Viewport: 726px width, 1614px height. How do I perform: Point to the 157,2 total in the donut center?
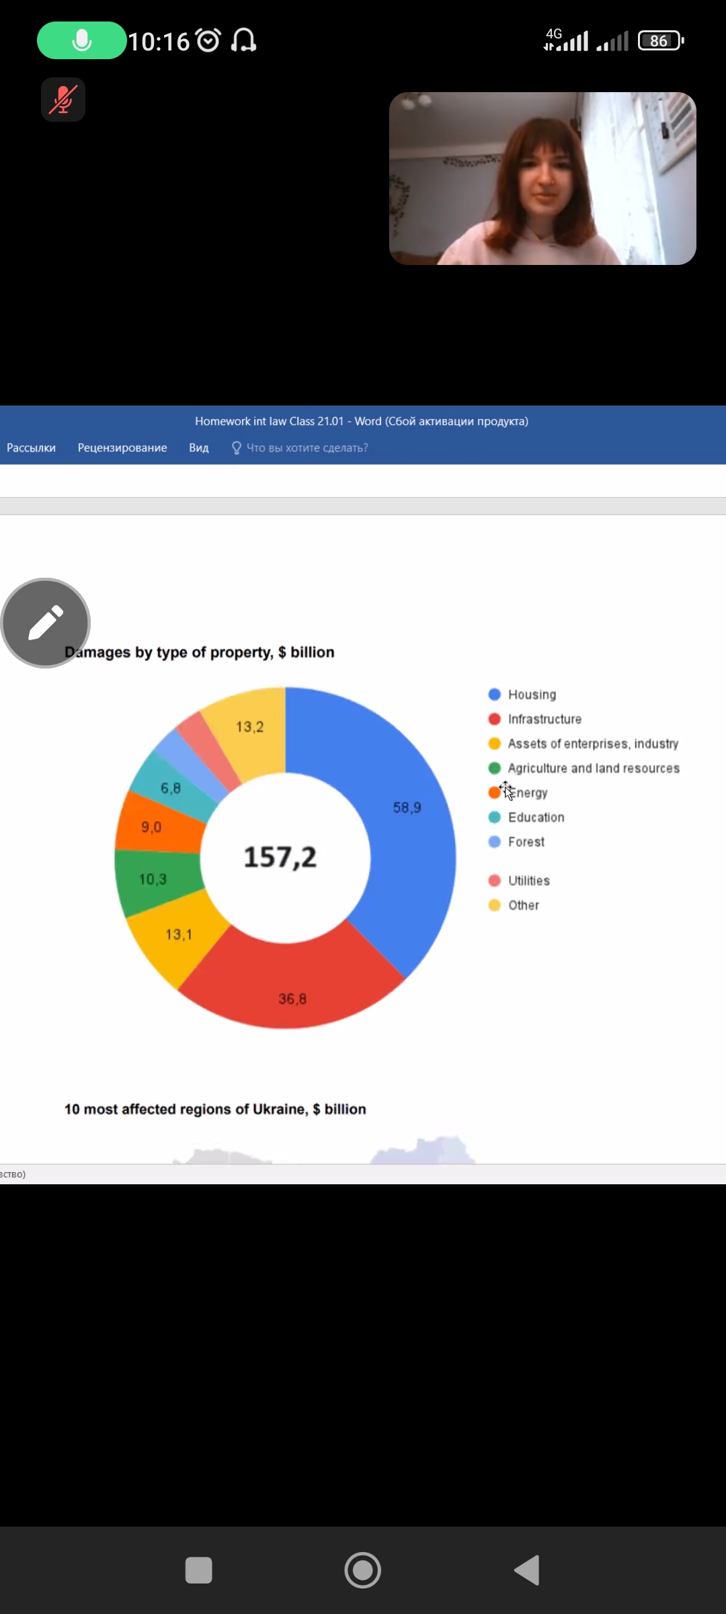pos(280,857)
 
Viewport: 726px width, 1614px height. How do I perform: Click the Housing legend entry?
pos(531,695)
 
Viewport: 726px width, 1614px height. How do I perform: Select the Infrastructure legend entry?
pos(544,719)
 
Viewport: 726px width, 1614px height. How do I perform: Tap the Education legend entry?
pos(535,817)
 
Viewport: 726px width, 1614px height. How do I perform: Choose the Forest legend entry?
pos(526,842)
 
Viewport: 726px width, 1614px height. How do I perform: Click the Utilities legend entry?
pos(528,881)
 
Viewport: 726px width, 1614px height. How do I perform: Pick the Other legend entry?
pos(523,905)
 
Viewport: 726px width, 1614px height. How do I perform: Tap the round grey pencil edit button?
pos(46,623)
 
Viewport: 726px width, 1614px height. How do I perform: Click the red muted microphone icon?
pos(63,100)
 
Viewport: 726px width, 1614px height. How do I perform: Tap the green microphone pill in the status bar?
pos(81,40)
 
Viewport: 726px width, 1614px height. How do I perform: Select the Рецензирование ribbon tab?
pos(122,448)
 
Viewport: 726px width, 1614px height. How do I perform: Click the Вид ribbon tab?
pos(199,448)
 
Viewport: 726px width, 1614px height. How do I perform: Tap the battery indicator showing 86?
pos(660,41)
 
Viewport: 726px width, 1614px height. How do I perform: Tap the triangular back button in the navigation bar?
pos(528,1571)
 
